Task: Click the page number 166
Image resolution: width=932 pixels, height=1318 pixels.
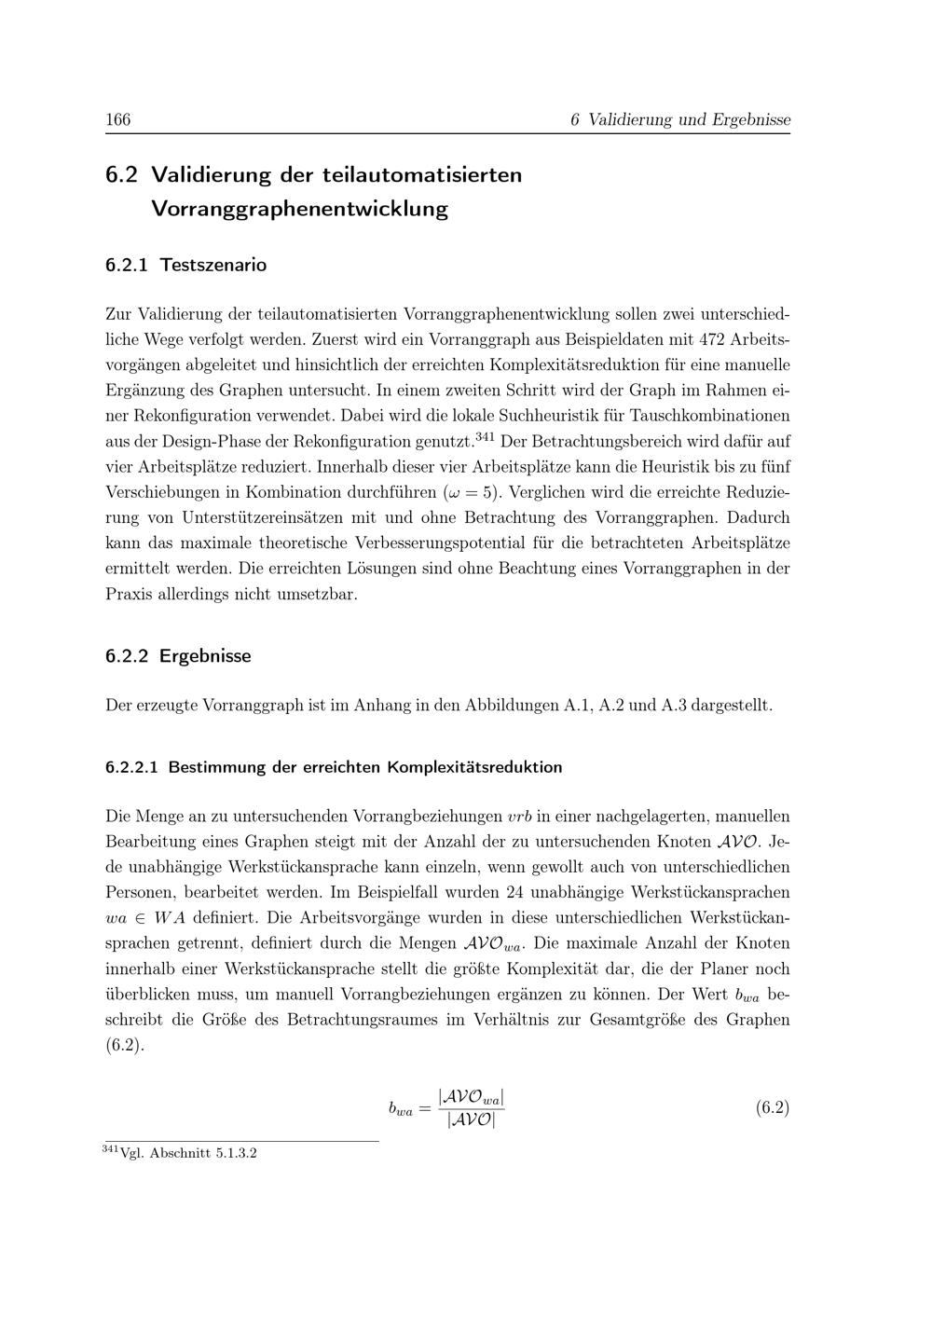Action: coord(117,119)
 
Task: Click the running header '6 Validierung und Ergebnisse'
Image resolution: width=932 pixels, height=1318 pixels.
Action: coord(680,119)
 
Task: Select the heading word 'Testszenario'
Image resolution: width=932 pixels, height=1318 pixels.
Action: coord(212,265)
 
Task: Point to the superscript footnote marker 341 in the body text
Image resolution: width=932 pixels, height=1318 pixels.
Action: coord(485,436)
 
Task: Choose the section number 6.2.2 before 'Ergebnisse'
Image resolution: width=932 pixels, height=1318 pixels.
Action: coord(127,655)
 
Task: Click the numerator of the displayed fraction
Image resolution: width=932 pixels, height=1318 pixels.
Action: coord(472,1096)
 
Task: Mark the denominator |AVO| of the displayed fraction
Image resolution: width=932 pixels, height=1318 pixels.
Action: coord(472,1119)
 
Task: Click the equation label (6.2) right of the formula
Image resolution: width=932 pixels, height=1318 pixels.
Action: coord(773,1107)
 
